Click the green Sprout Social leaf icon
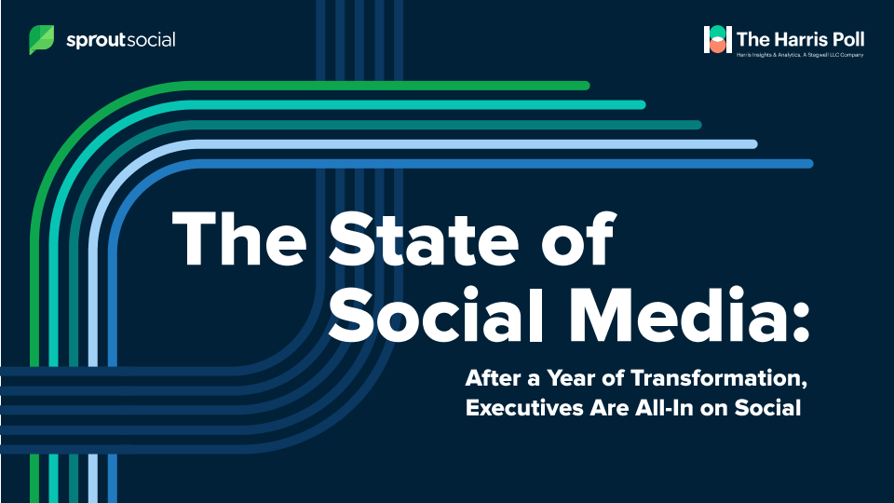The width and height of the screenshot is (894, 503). (x=42, y=40)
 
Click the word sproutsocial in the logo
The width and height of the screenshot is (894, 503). (x=121, y=40)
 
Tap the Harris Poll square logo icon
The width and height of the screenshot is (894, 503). (x=717, y=39)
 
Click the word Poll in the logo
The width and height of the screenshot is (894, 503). (x=847, y=39)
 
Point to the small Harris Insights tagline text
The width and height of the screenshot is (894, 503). (x=800, y=55)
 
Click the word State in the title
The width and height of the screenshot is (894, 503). (x=424, y=238)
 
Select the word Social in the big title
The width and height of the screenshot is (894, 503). (x=436, y=315)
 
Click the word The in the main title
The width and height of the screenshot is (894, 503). (x=239, y=238)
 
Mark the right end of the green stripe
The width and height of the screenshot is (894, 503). (x=586, y=86)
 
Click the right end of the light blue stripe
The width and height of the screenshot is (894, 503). (x=753, y=144)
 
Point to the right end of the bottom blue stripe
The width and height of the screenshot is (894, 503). (x=809, y=164)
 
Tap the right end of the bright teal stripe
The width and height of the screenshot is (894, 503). (x=642, y=105)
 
